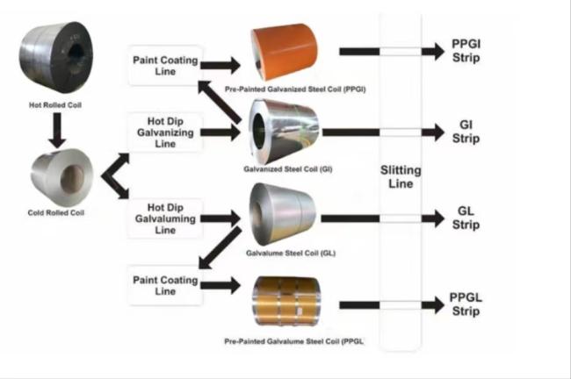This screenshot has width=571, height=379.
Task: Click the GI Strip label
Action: coord(466,132)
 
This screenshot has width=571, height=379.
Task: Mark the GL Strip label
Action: coord(466,218)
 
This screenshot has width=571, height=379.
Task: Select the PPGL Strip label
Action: coord(466,304)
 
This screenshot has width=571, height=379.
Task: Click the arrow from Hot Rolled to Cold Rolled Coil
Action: coord(55,131)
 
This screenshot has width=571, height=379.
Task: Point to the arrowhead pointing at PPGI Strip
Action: coord(433,52)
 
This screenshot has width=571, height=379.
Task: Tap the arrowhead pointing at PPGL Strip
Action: coord(433,304)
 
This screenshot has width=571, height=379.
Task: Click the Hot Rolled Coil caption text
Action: coord(54,104)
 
